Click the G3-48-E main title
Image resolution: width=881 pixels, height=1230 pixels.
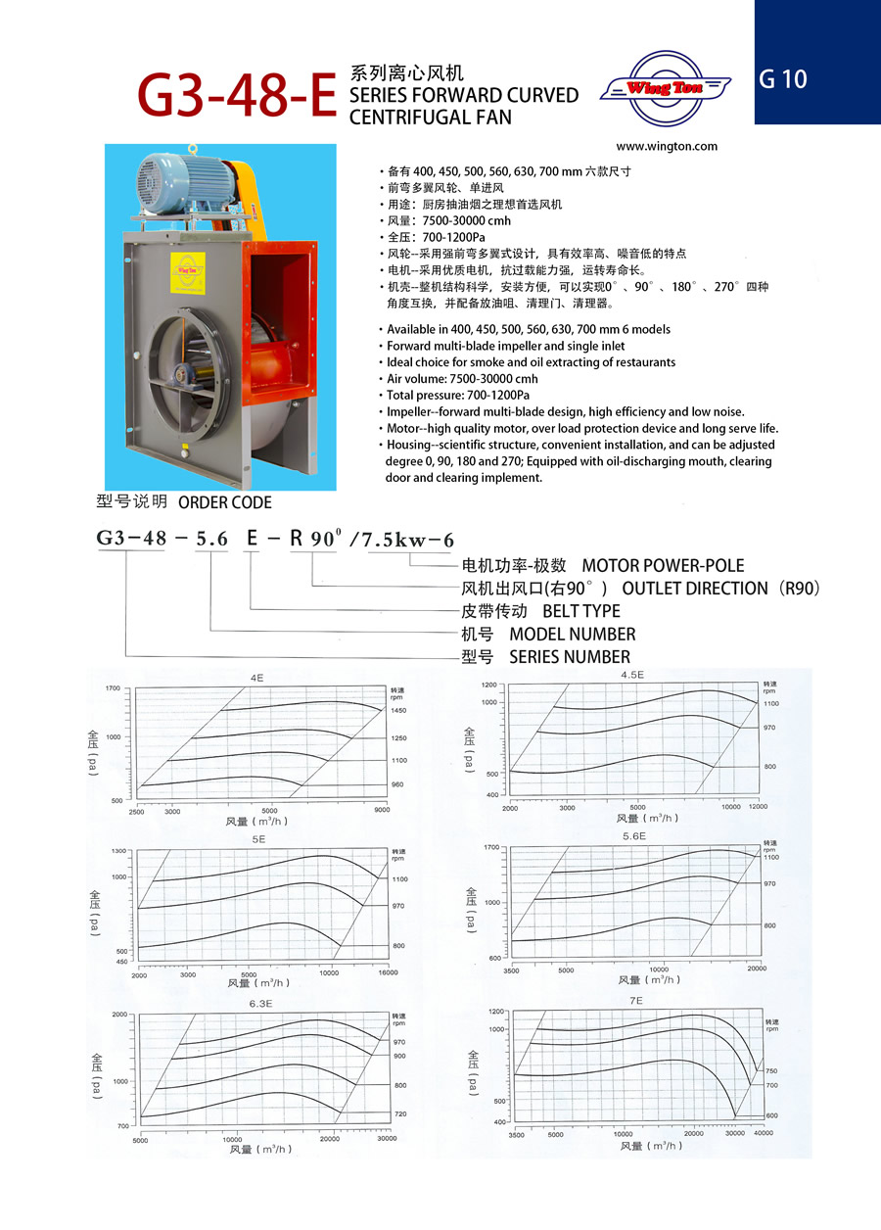point(238,96)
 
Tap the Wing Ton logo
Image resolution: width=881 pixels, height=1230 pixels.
point(666,89)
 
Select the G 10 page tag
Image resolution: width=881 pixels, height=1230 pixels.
point(783,79)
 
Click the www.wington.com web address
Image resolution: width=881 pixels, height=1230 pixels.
point(668,147)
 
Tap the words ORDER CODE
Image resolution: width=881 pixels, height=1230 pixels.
point(225,502)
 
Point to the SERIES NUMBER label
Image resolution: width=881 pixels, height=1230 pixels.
point(570,656)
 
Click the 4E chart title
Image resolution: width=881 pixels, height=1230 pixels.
point(256,677)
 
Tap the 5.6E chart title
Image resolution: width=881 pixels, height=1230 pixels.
point(633,836)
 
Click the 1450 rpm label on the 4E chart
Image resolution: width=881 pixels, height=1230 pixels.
point(398,710)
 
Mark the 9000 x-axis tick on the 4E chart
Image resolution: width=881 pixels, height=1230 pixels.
point(382,811)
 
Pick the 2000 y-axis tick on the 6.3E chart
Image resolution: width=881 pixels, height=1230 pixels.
point(121,1015)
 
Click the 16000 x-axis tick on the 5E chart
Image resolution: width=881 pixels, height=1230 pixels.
point(389,974)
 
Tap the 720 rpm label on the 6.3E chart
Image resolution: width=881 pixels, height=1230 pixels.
point(399,1115)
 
